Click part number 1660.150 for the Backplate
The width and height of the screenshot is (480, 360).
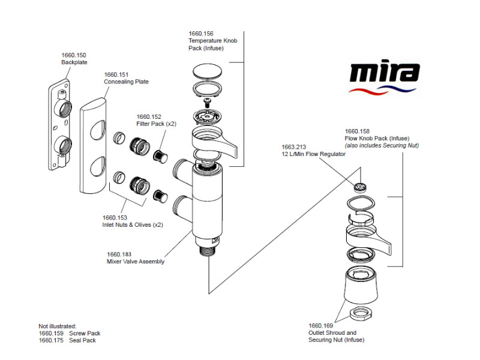tap(73, 55)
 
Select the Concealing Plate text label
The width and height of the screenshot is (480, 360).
tap(126, 82)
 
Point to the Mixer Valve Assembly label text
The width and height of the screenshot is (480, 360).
tap(135, 262)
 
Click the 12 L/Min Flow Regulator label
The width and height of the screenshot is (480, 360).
tap(314, 154)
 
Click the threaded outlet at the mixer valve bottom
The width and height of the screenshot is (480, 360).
tap(208, 249)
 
